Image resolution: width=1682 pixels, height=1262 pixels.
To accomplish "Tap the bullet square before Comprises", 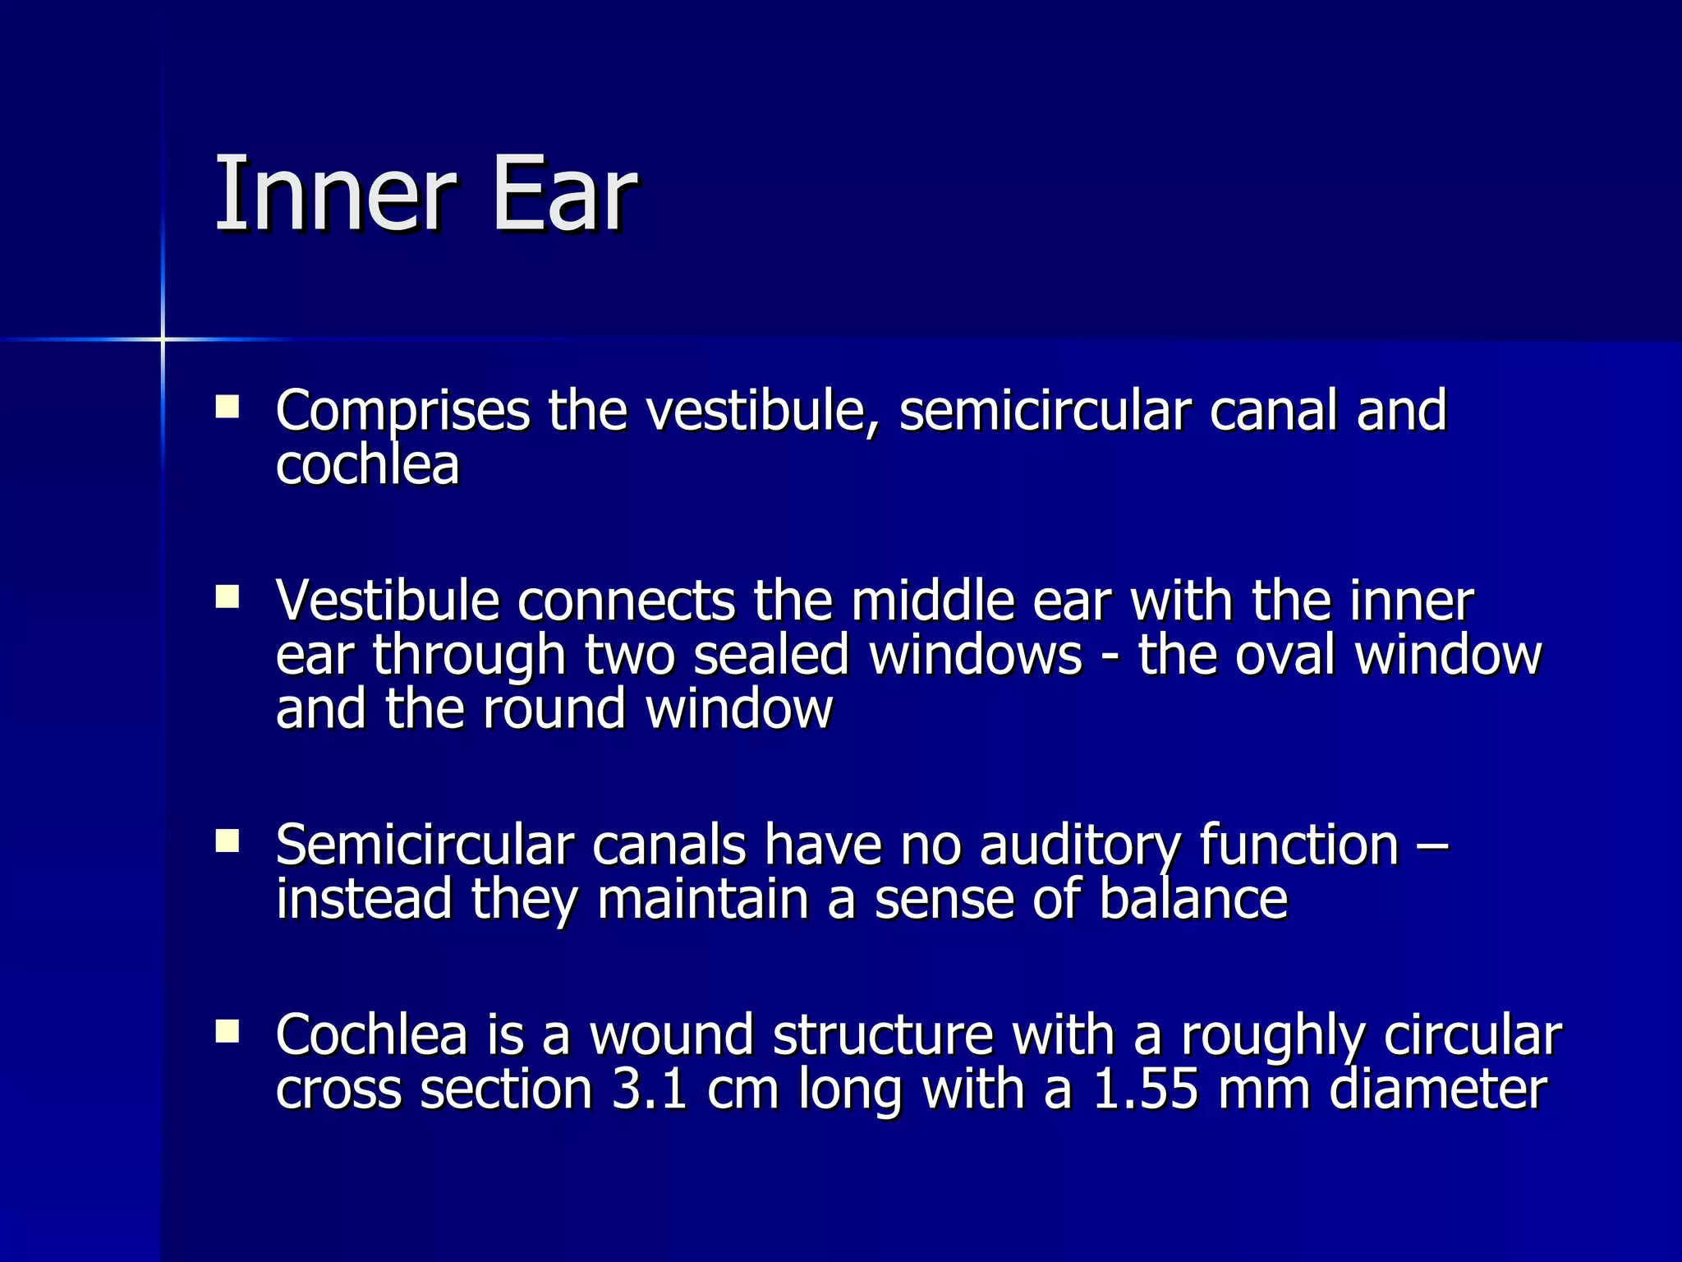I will click(x=227, y=408).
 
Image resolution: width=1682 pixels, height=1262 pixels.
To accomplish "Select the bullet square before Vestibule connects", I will click(x=227, y=596).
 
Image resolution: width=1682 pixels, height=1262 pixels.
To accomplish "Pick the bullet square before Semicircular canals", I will click(x=227, y=841).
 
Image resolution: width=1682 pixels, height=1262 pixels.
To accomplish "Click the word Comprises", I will click(x=402, y=411).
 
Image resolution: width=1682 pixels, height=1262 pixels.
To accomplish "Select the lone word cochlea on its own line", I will click(x=367, y=465).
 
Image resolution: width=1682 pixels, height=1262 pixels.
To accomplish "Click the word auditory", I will click(x=1079, y=845).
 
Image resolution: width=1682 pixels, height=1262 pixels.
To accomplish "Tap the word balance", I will click(x=1193, y=899).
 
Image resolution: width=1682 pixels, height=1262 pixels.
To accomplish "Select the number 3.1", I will click(x=650, y=1089).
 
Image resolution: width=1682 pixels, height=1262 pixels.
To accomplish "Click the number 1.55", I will click(x=1145, y=1089).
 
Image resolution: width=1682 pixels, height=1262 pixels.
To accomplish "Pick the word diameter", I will click(x=1437, y=1089).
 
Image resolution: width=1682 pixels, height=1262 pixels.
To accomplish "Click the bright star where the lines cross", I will click(x=163, y=339).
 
